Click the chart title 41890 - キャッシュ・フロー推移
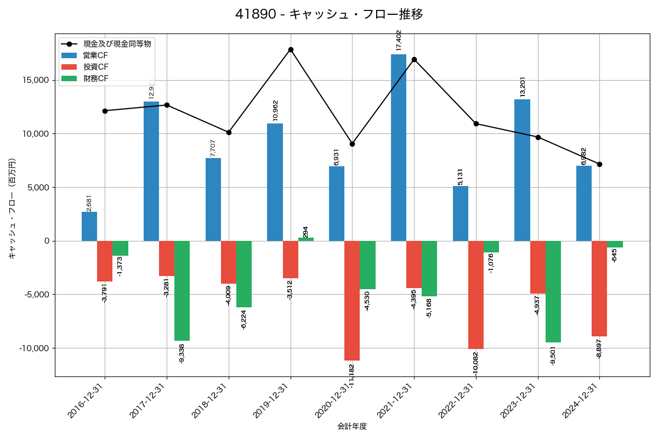329,14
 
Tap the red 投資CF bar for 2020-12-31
352,301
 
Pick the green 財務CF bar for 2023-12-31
553,291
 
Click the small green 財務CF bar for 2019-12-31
306,239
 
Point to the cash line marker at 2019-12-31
291,50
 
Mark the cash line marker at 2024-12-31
599,164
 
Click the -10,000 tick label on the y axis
32,348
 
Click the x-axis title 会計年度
351,426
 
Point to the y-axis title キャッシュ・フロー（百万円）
12,209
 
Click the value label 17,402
399,41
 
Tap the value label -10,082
475,363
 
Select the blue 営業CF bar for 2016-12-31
89,226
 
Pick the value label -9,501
553,355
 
